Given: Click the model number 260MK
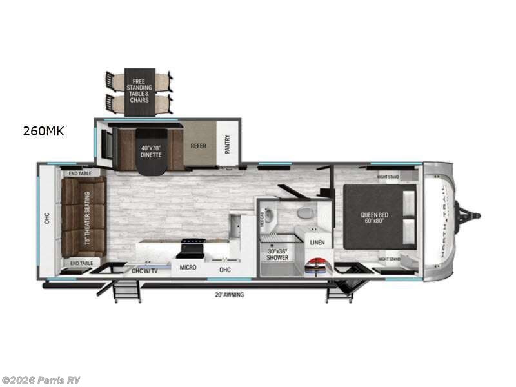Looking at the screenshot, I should pyautogui.click(x=44, y=132).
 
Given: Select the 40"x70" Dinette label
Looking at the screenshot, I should pyautogui.click(x=150, y=151).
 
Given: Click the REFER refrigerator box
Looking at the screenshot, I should pyautogui.click(x=198, y=146).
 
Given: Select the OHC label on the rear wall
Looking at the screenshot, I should pyautogui.click(x=46, y=219).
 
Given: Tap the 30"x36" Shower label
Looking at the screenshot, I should pyautogui.click(x=279, y=254).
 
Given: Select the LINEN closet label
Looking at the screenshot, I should pyautogui.click(x=317, y=243).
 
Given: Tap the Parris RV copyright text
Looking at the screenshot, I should pyautogui.click(x=41, y=380).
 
